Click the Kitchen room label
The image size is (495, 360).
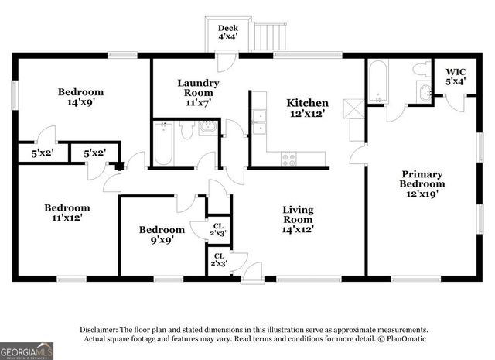point(307,103)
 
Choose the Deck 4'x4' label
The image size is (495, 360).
point(227,33)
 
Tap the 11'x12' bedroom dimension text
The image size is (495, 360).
point(67,218)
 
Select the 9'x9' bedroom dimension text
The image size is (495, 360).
point(162,240)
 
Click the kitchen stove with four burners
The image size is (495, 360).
point(288,159)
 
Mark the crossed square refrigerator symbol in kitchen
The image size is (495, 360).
point(356,108)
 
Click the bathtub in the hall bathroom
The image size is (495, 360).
point(162,145)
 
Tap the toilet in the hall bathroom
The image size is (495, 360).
point(186,131)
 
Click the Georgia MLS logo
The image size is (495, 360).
point(27,351)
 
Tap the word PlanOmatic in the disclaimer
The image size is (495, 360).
point(405,338)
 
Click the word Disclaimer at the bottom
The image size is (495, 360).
point(97,329)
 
